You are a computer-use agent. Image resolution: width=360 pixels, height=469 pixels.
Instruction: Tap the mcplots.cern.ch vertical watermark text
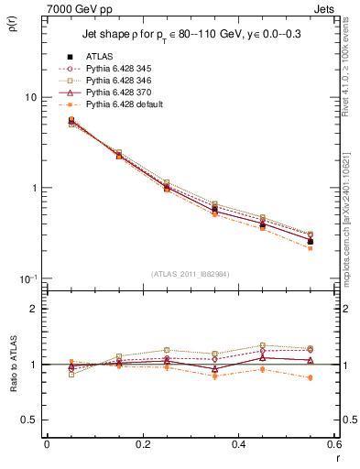[x=348, y=211]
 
